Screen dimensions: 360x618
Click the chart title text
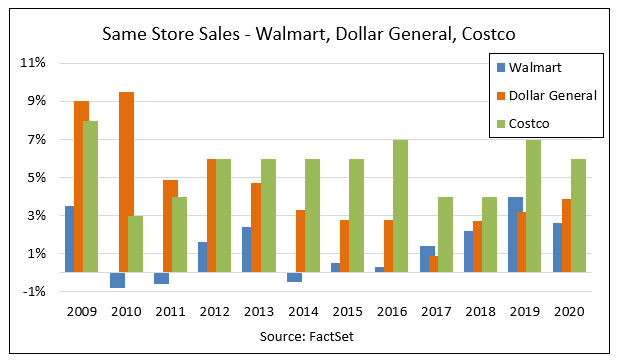click(x=309, y=34)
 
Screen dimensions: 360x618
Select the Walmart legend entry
click(x=534, y=68)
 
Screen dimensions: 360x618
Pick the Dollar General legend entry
click(x=552, y=96)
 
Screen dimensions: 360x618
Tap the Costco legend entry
click(x=530, y=123)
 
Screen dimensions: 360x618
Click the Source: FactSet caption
click(x=309, y=337)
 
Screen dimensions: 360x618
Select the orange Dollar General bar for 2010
click(x=126, y=182)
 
